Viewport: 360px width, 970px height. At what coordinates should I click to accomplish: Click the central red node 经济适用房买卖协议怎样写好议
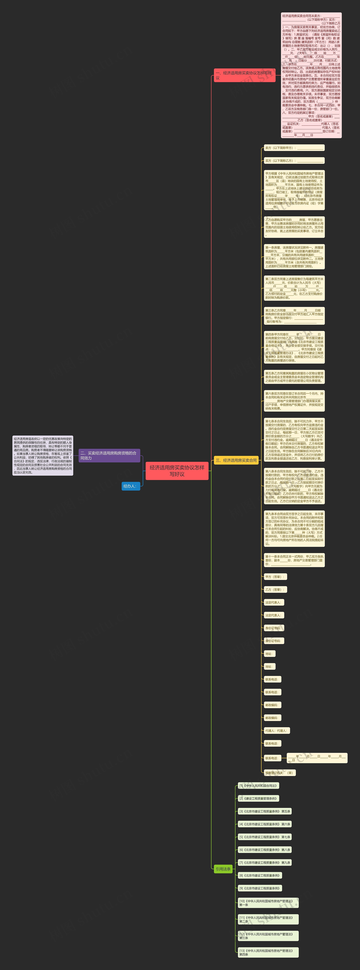pos(177,471)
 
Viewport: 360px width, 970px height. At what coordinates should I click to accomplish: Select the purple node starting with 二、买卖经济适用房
pos(109,455)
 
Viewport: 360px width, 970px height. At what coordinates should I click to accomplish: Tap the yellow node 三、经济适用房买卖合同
pos(236,460)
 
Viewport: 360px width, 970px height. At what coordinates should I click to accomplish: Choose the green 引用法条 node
pos(223,869)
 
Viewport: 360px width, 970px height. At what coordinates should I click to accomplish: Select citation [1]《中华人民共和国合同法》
pos(258,786)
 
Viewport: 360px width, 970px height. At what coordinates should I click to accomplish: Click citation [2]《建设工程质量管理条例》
pos(258,798)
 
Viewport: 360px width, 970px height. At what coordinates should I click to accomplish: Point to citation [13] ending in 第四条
pos(268,952)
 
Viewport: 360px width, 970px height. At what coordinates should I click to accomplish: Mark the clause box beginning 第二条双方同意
pos(294,288)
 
